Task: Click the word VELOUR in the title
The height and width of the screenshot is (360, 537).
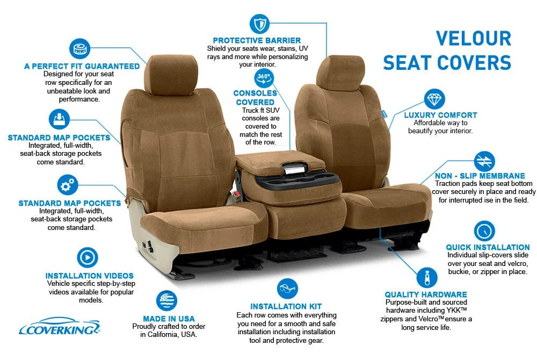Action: point(473,38)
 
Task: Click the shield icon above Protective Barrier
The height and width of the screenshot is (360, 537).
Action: point(259,24)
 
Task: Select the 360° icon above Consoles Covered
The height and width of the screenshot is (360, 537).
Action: point(264,78)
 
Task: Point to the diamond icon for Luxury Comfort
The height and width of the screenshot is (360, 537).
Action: point(434,99)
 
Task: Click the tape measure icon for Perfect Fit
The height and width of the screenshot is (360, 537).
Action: point(80,49)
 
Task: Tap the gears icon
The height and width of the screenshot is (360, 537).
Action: point(68,185)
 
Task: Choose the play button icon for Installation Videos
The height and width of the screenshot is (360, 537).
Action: point(88,257)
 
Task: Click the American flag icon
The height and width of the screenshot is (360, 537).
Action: point(167,301)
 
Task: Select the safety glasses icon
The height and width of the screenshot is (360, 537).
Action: point(287,289)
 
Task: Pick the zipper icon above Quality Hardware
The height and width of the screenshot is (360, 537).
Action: point(427,277)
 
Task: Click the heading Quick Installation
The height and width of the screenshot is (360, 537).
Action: point(488,247)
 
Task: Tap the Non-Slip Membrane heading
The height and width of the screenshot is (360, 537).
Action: point(480,176)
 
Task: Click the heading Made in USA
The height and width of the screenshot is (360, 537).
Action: point(169,319)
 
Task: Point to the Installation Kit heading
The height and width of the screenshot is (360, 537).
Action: point(286,306)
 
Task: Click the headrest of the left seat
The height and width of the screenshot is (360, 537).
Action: point(171,75)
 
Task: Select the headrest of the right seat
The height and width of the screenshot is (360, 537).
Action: point(340,73)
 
